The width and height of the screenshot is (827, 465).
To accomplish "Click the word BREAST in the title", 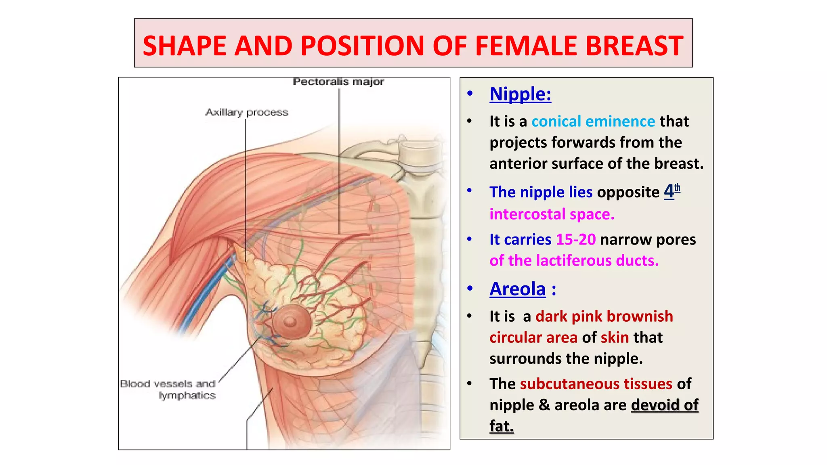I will click(634, 45).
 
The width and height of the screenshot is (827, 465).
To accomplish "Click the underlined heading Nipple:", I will click(520, 94).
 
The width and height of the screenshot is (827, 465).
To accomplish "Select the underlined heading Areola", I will click(517, 289).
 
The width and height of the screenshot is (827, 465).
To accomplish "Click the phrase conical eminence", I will click(593, 121).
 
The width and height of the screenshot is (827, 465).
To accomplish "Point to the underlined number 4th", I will click(672, 191).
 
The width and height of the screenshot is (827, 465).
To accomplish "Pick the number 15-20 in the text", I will click(575, 239).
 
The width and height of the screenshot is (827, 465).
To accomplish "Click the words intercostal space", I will click(552, 214).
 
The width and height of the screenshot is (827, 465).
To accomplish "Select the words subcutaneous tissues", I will click(596, 384).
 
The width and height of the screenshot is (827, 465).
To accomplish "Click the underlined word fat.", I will click(501, 426).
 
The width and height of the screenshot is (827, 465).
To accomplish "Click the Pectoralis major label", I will click(338, 82).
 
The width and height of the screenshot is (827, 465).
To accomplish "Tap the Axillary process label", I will click(247, 112).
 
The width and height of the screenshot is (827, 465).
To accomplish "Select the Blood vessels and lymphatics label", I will click(168, 389).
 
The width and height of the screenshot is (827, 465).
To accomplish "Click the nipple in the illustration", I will click(290, 322).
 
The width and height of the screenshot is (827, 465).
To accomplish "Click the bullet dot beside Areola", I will click(470, 289).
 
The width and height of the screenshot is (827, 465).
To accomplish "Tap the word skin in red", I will click(614, 337).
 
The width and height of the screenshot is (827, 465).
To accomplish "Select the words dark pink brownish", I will click(604, 316).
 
